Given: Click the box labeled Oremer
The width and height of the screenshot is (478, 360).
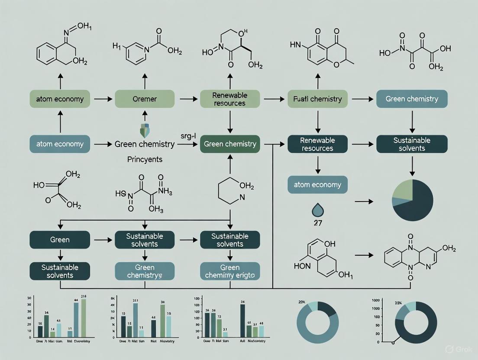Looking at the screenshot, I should (x=144, y=99).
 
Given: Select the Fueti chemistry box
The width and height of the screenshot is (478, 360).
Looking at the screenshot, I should (x=317, y=99).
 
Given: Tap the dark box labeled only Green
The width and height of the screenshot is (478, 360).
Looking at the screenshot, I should (x=59, y=239).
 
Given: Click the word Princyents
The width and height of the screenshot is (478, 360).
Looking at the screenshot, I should (x=145, y=159).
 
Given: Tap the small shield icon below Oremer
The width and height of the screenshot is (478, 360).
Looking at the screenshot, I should (x=144, y=129).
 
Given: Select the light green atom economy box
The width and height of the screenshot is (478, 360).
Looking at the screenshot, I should (x=59, y=99).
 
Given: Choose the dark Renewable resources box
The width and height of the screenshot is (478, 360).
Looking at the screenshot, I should (x=317, y=144).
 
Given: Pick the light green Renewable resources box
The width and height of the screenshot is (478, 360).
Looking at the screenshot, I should (x=229, y=99).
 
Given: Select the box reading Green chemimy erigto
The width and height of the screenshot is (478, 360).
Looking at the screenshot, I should (x=229, y=271).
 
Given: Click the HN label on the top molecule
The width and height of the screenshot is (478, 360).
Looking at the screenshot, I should (x=295, y=45).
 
